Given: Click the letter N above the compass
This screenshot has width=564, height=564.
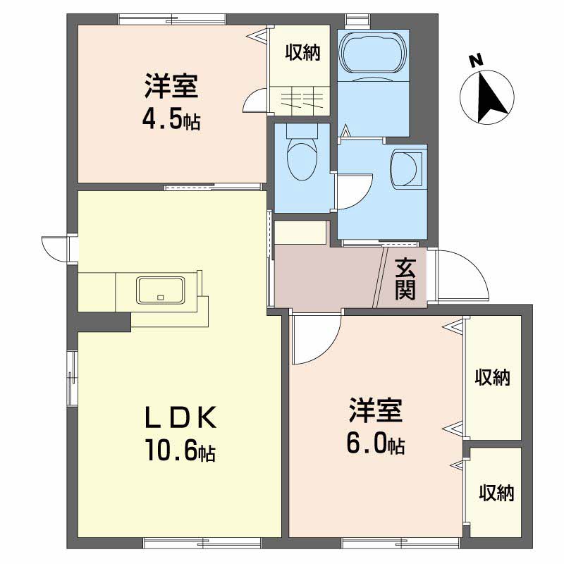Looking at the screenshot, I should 476,61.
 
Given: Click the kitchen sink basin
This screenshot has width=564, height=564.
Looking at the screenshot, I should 161,289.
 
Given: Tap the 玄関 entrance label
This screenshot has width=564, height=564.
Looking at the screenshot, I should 405,278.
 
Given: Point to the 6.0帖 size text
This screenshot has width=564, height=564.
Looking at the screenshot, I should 375,443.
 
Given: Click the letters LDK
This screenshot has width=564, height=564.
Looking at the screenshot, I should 179,418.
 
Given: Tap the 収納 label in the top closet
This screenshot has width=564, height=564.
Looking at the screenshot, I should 302,52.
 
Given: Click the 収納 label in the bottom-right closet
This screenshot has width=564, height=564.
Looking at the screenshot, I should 496,492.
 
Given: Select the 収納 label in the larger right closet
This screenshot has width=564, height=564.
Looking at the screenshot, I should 492,378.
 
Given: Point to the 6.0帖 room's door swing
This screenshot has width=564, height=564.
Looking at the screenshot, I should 314,342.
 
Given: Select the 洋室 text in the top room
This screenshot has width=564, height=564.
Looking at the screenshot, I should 171,87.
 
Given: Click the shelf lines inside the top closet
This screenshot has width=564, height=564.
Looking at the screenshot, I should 303,99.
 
